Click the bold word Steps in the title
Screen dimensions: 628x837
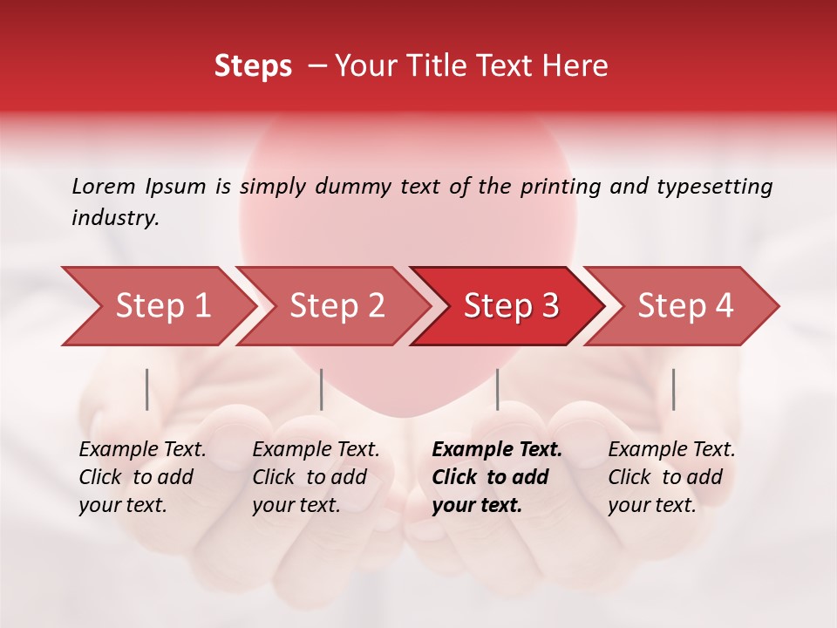(x=253, y=66)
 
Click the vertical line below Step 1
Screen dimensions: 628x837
(x=147, y=389)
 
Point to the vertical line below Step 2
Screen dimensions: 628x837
(x=322, y=389)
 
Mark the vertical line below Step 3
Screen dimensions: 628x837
(x=498, y=389)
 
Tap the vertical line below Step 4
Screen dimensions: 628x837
(x=673, y=389)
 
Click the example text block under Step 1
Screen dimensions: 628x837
(x=142, y=477)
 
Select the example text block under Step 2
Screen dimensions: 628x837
(x=316, y=477)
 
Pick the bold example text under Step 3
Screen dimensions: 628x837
(x=497, y=477)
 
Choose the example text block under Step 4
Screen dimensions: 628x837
(x=671, y=477)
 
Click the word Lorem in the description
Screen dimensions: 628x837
(x=104, y=186)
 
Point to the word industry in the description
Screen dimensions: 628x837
(x=115, y=218)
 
